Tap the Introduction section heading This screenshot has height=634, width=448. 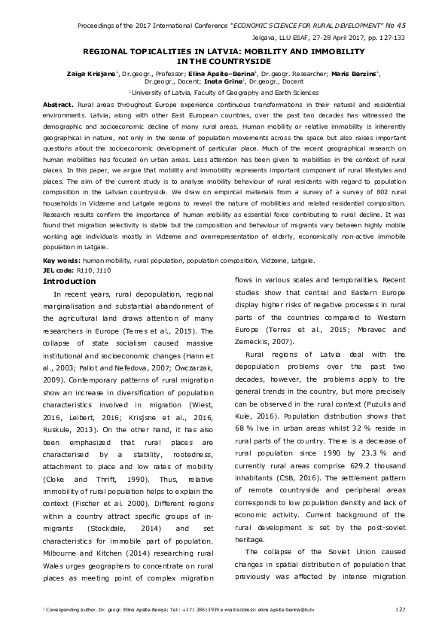[69, 281]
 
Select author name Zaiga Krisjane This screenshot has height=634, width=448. [89, 72]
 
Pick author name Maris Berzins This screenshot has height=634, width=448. [353, 72]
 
